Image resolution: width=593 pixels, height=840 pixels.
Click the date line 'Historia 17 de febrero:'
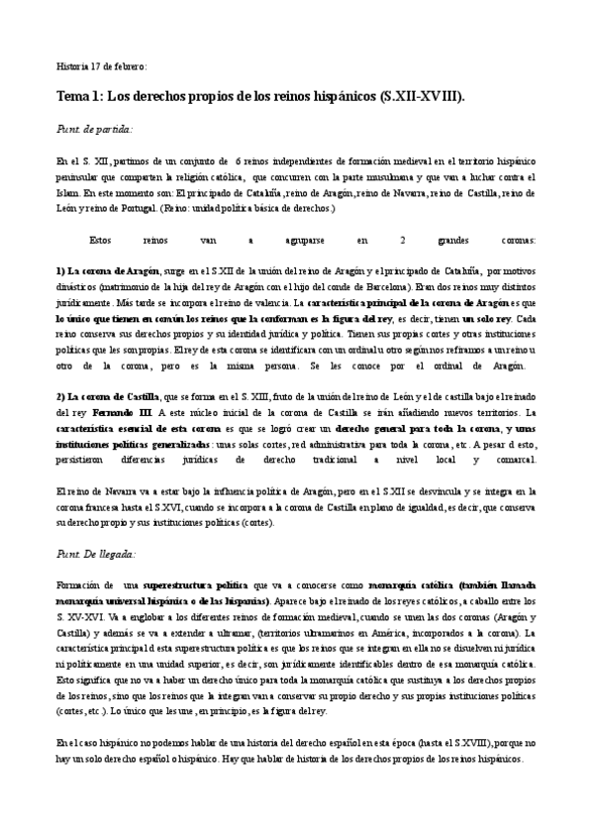click(101, 66)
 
